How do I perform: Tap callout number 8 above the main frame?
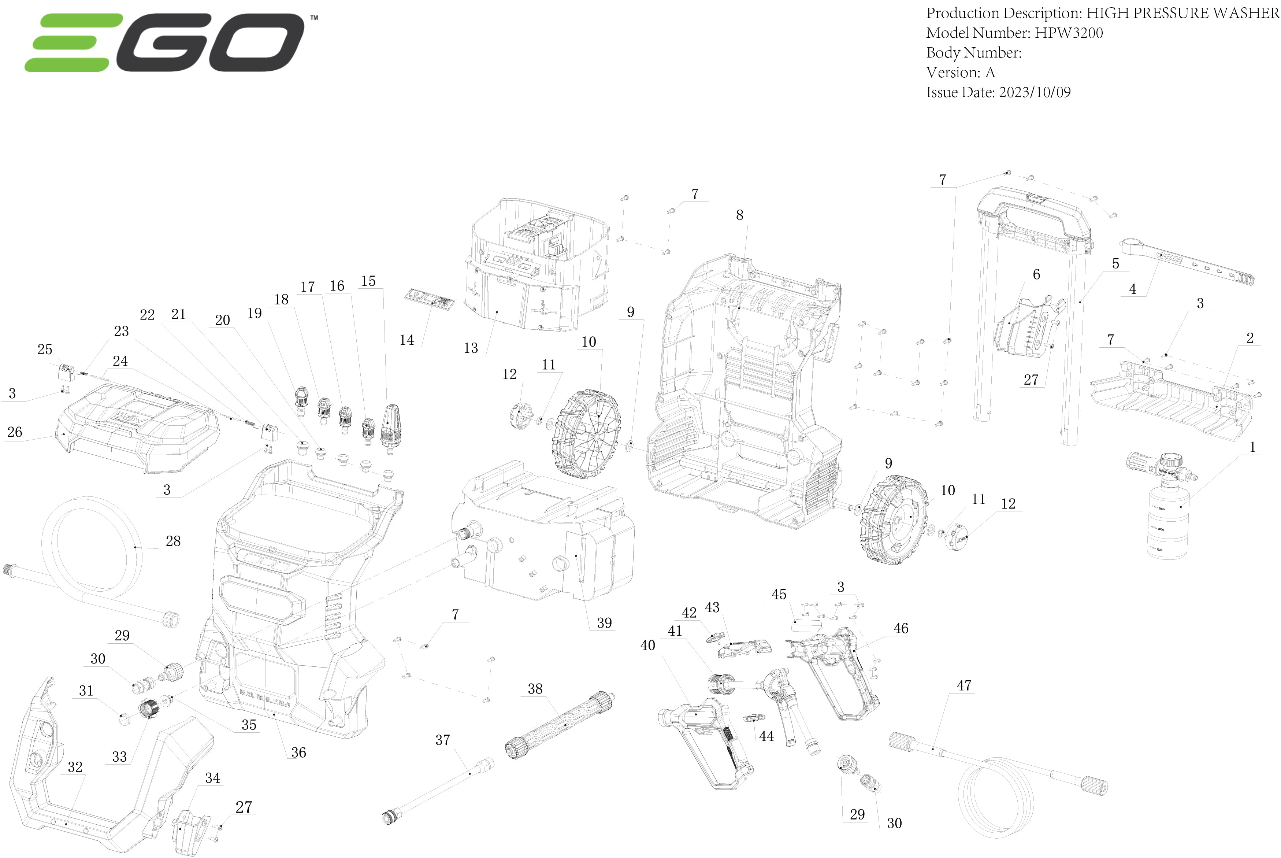click(739, 215)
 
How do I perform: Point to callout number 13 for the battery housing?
click(470, 348)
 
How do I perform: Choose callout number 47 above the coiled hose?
click(964, 686)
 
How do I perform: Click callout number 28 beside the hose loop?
click(173, 541)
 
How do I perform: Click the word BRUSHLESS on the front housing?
click(265, 698)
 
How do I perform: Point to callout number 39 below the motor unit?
click(604, 623)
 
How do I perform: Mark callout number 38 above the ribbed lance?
click(535, 689)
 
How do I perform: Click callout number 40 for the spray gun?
click(647, 646)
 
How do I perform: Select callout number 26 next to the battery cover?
click(15, 432)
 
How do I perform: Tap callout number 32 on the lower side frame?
click(75, 767)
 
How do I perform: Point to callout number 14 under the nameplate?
click(406, 340)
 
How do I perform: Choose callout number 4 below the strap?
click(1132, 289)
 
